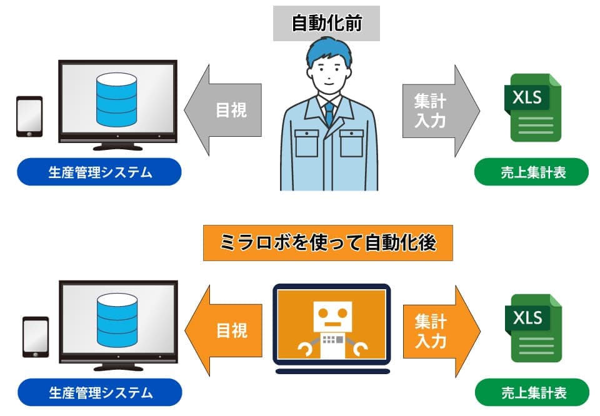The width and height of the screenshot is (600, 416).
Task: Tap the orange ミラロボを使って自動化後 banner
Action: point(327,243)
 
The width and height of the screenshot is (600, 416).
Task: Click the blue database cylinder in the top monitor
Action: point(116,99)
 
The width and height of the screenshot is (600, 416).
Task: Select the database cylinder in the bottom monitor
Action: point(117,319)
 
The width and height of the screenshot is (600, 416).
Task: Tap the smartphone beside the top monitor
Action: point(29,116)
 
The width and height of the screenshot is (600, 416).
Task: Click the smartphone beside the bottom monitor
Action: point(35,337)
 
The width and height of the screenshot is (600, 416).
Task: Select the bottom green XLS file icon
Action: point(532,327)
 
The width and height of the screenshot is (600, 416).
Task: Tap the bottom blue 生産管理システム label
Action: point(100,393)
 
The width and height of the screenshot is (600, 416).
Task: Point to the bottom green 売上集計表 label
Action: point(532,393)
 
